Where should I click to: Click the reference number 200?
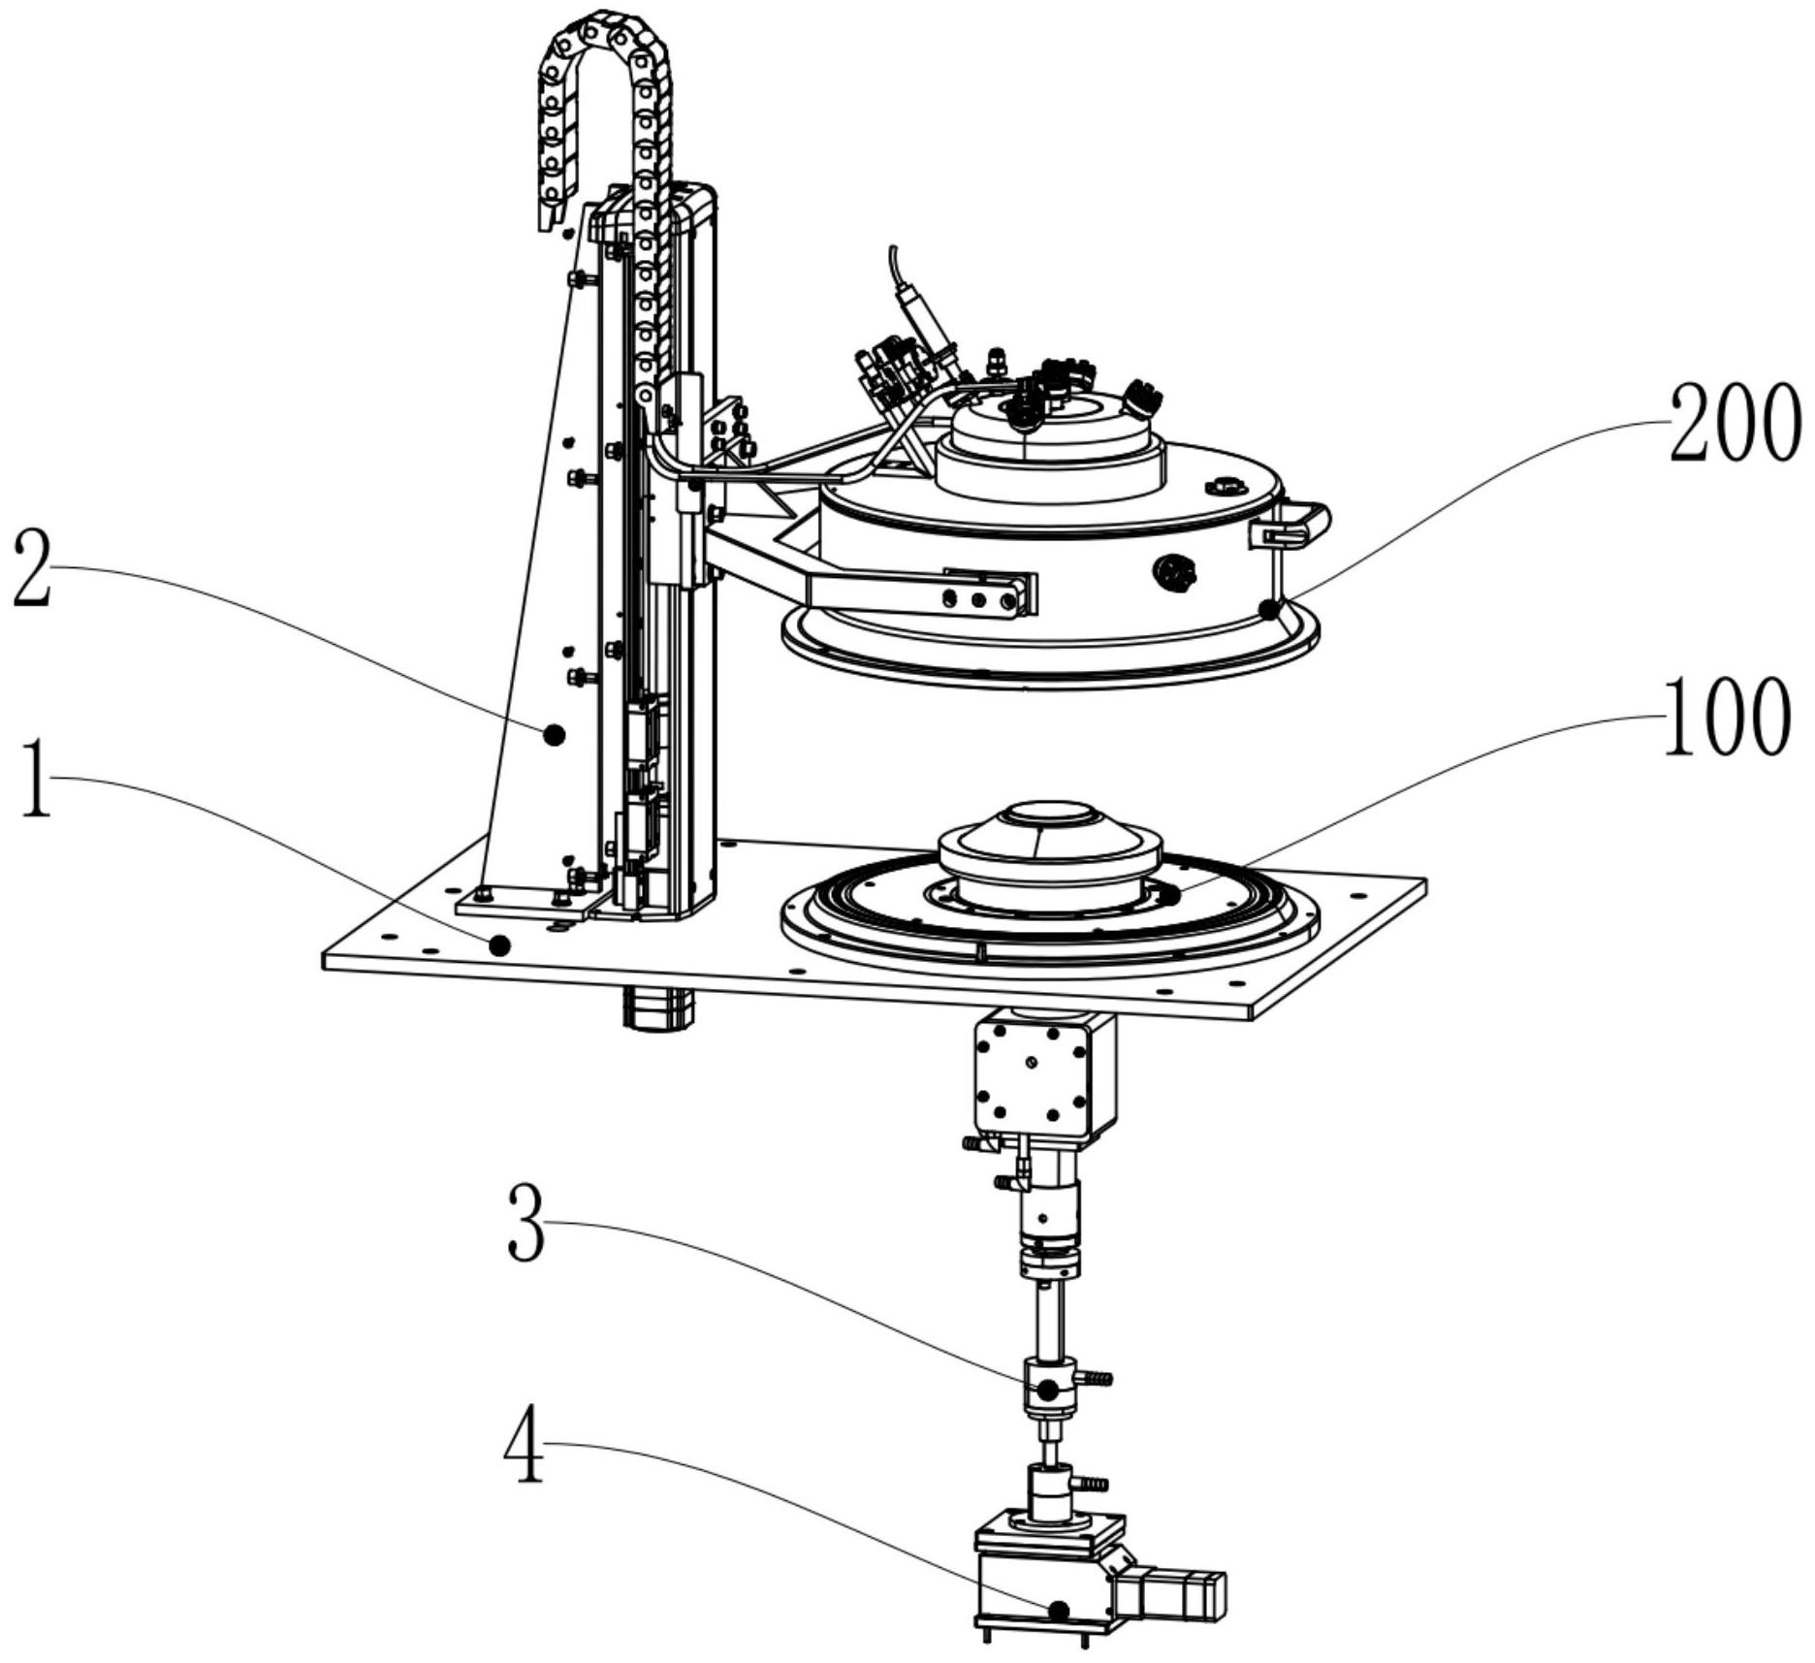click(x=1734, y=423)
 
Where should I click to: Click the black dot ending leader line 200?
click(x=1267, y=608)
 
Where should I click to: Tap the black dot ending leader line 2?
click(x=554, y=735)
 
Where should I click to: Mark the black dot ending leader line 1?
click(x=499, y=944)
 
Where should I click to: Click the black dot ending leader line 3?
click(x=1048, y=1390)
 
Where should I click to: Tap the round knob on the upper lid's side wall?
click(x=1176, y=573)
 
